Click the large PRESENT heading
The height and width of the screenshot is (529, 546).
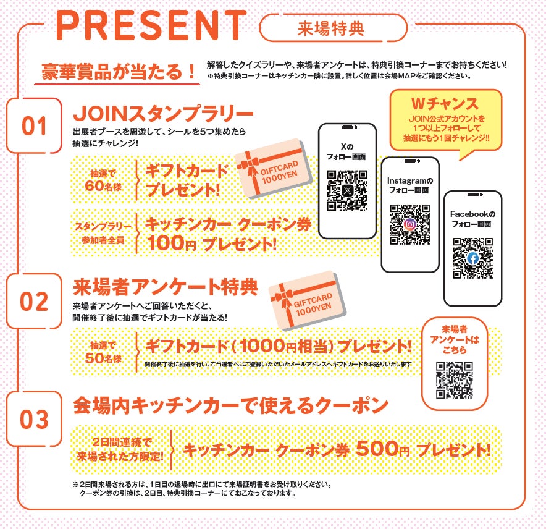151,25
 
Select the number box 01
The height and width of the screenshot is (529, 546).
34,126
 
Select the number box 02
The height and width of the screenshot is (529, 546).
34,301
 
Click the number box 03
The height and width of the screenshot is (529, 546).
34,419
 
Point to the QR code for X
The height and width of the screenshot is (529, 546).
347,190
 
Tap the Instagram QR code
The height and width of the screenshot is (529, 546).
410,224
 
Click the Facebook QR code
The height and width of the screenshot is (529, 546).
473,258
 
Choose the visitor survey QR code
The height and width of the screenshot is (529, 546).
455,380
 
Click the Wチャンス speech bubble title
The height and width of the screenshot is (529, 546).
445,103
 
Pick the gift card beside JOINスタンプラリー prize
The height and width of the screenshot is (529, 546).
274,169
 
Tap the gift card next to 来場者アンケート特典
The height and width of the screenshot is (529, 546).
308,300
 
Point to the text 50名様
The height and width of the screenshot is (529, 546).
103,358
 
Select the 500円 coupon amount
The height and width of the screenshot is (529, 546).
383,449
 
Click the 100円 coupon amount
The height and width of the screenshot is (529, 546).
171,243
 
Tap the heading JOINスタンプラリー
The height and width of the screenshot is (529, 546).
163,114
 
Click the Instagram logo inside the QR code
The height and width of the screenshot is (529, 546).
410,224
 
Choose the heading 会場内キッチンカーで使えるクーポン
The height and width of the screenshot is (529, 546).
230,405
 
